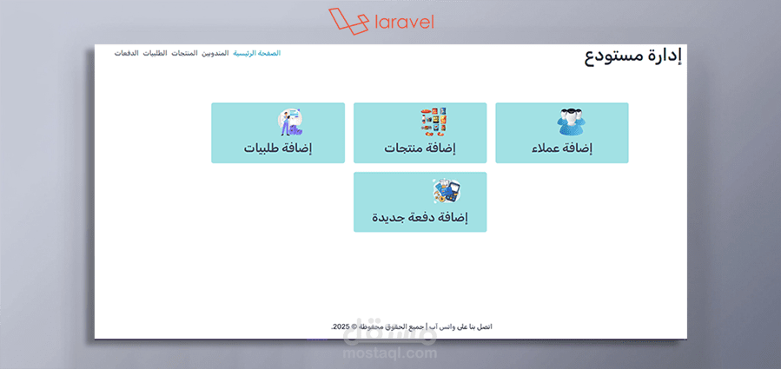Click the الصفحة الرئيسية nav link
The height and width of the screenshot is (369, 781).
coord(256,53)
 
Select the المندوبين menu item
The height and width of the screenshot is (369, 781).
coord(215,53)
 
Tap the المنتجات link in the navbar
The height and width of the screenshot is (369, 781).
coord(184,53)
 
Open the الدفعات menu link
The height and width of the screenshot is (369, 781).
coord(127,53)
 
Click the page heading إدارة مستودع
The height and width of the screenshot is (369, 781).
coord(632,56)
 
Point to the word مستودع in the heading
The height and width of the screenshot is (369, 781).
coord(616,56)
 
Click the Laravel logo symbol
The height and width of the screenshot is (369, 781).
coord(345,20)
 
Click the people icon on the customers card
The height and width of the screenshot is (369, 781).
coord(571,122)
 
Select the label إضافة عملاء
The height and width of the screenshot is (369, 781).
coord(562,148)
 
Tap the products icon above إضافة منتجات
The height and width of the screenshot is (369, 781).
coord(434,122)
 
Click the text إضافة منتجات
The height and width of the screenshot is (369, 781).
coord(420,148)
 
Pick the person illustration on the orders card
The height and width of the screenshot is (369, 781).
coord(289,122)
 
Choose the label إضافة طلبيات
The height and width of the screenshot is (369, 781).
coord(277,148)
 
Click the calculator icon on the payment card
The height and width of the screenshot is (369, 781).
coord(446,191)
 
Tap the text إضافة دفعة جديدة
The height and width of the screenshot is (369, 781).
coord(420,217)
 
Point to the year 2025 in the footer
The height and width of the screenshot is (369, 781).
coord(341,326)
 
